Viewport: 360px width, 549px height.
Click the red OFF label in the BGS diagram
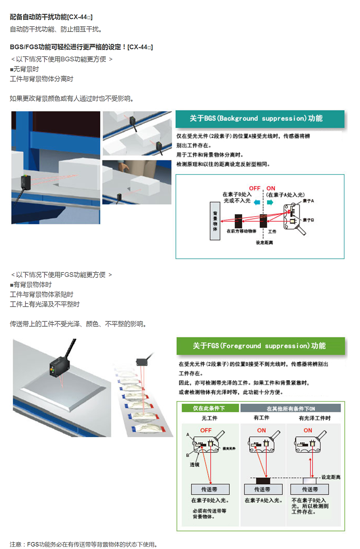point(254,188)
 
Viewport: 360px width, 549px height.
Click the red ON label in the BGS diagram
point(271,188)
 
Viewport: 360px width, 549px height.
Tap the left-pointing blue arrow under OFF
point(257,202)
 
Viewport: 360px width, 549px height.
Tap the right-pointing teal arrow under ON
point(270,202)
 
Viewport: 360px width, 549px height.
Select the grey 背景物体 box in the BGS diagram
point(215,221)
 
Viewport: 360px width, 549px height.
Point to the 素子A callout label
point(308,201)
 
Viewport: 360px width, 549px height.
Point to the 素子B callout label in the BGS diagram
point(308,220)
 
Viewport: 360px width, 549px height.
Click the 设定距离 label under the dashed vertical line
point(264,243)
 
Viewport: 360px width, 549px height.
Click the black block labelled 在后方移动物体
point(238,221)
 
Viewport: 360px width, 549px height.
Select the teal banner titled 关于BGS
point(260,119)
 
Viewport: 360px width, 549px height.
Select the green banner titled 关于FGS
point(260,346)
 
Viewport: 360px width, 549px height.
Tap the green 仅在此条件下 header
point(210,408)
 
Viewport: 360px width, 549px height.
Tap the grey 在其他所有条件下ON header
point(290,409)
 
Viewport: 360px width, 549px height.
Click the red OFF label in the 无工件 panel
point(206,430)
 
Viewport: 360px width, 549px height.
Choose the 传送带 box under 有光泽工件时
point(309,489)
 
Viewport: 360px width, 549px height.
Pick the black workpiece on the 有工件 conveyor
point(263,481)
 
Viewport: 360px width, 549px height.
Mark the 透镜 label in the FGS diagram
point(195,465)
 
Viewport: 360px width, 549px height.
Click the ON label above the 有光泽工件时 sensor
point(308,430)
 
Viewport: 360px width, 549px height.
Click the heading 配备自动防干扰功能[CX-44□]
point(51,17)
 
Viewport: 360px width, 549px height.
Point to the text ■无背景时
point(24,69)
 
